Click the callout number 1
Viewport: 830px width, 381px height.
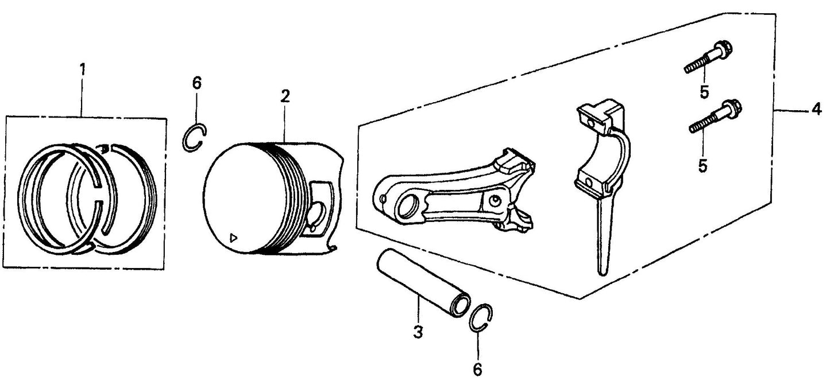point(82,70)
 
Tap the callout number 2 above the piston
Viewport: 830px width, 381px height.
point(285,96)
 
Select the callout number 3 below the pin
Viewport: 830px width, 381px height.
point(418,332)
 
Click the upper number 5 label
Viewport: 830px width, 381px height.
point(704,92)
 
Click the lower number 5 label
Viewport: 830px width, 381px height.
point(702,165)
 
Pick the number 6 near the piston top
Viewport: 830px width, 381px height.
point(197,83)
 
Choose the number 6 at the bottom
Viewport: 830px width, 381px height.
point(477,369)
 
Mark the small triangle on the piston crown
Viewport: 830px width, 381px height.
point(233,238)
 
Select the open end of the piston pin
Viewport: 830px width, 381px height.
point(460,305)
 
